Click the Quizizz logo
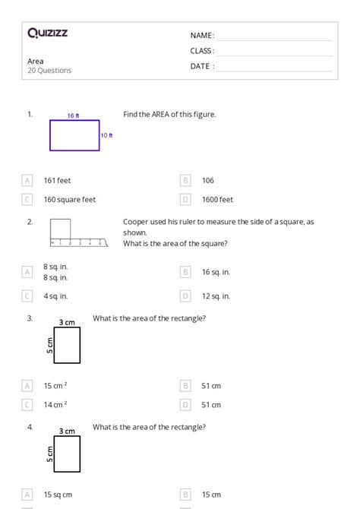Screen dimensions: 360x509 click(x=47, y=33)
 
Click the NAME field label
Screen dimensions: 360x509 click(x=201, y=36)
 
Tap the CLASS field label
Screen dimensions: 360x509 click(x=201, y=51)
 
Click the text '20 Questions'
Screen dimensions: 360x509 click(x=49, y=71)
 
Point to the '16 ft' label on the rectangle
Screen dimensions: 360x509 click(x=73, y=116)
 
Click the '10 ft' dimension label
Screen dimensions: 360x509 click(x=106, y=136)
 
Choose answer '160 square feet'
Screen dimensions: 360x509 click(x=70, y=200)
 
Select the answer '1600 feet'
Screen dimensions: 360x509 click(x=217, y=200)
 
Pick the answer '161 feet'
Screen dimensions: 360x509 click(x=57, y=181)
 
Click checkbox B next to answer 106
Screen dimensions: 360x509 click(x=185, y=181)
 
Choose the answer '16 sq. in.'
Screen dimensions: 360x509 click(x=216, y=271)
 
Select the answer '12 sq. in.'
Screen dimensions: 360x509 click(x=216, y=296)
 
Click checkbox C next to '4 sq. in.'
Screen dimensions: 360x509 click(x=27, y=296)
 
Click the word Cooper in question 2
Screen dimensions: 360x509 click(x=135, y=222)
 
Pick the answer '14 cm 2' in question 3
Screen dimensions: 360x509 click(x=55, y=406)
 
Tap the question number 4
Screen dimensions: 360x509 click(x=30, y=427)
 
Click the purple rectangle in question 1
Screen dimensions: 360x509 click(x=74, y=136)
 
